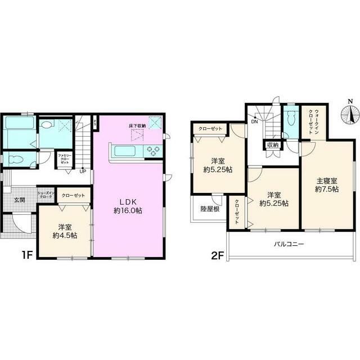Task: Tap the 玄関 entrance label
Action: (20, 199)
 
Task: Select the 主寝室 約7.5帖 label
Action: (326, 185)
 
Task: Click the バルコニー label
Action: (289, 244)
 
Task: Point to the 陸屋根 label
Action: (209, 209)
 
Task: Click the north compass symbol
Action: (350, 115)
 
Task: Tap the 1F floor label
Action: (27, 254)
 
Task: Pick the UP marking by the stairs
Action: (82, 171)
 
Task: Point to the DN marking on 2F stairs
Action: (254, 121)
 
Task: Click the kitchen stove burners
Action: (153, 150)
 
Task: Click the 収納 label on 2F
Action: (273, 145)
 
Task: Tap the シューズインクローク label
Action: (45, 196)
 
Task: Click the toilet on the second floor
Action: (291, 119)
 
